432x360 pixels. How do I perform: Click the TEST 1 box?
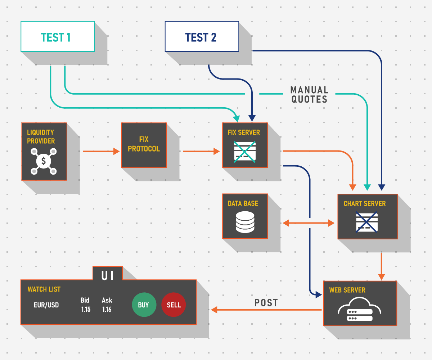(x=58, y=36)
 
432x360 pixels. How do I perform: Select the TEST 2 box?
(x=202, y=36)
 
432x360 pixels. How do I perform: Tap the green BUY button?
(x=144, y=305)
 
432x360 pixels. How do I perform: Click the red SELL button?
(x=174, y=305)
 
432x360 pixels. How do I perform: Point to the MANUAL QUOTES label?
(x=309, y=95)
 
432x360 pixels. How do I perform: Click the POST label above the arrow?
(x=266, y=303)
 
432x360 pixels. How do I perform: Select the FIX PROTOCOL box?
(x=144, y=145)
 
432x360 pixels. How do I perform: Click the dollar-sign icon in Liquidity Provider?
(x=44, y=161)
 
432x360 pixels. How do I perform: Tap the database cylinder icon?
(x=245, y=222)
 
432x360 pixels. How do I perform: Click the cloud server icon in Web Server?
(x=359, y=309)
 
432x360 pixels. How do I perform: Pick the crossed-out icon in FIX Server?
(x=245, y=152)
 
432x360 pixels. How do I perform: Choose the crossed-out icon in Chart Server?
(x=366, y=222)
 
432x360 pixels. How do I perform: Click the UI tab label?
(x=107, y=276)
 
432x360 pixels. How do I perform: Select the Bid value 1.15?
(x=86, y=309)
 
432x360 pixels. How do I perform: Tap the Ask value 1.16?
(x=107, y=309)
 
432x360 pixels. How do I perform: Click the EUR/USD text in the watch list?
(x=46, y=305)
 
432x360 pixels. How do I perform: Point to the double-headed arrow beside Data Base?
(x=309, y=223)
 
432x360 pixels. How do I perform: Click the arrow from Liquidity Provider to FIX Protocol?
(x=101, y=151)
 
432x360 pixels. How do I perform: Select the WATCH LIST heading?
(x=44, y=289)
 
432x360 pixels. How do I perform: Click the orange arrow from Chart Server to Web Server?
(x=381, y=267)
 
